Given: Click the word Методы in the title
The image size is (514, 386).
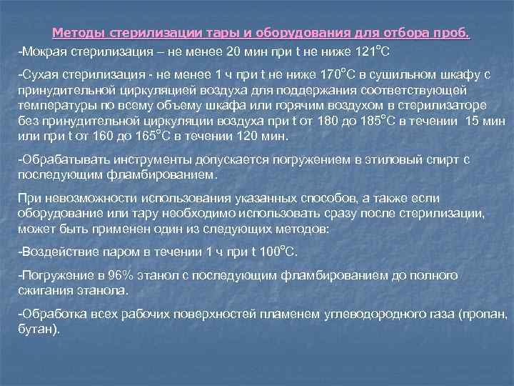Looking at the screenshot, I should click(77, 34).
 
